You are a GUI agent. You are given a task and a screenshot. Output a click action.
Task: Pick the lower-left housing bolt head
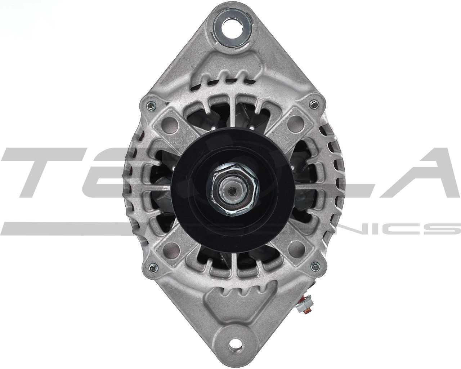click(x=152, y=267)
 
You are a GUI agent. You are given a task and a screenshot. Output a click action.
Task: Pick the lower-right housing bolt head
click(x=316, y=266)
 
